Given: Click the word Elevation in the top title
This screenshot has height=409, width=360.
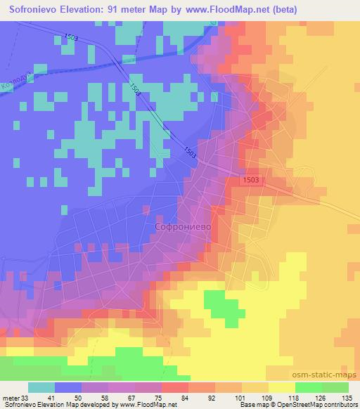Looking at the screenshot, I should point(90,10).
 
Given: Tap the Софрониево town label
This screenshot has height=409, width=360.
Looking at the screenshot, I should point(183,227).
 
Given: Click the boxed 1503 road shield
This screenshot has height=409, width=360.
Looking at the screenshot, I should point(252,181).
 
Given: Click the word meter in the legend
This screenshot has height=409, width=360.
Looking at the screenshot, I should point(11,397).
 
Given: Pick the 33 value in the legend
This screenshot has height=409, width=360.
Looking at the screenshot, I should point(25,397).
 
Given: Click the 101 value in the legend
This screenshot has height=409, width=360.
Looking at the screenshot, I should point(239,397).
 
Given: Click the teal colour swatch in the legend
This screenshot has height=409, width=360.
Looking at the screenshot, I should point(41,387).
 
